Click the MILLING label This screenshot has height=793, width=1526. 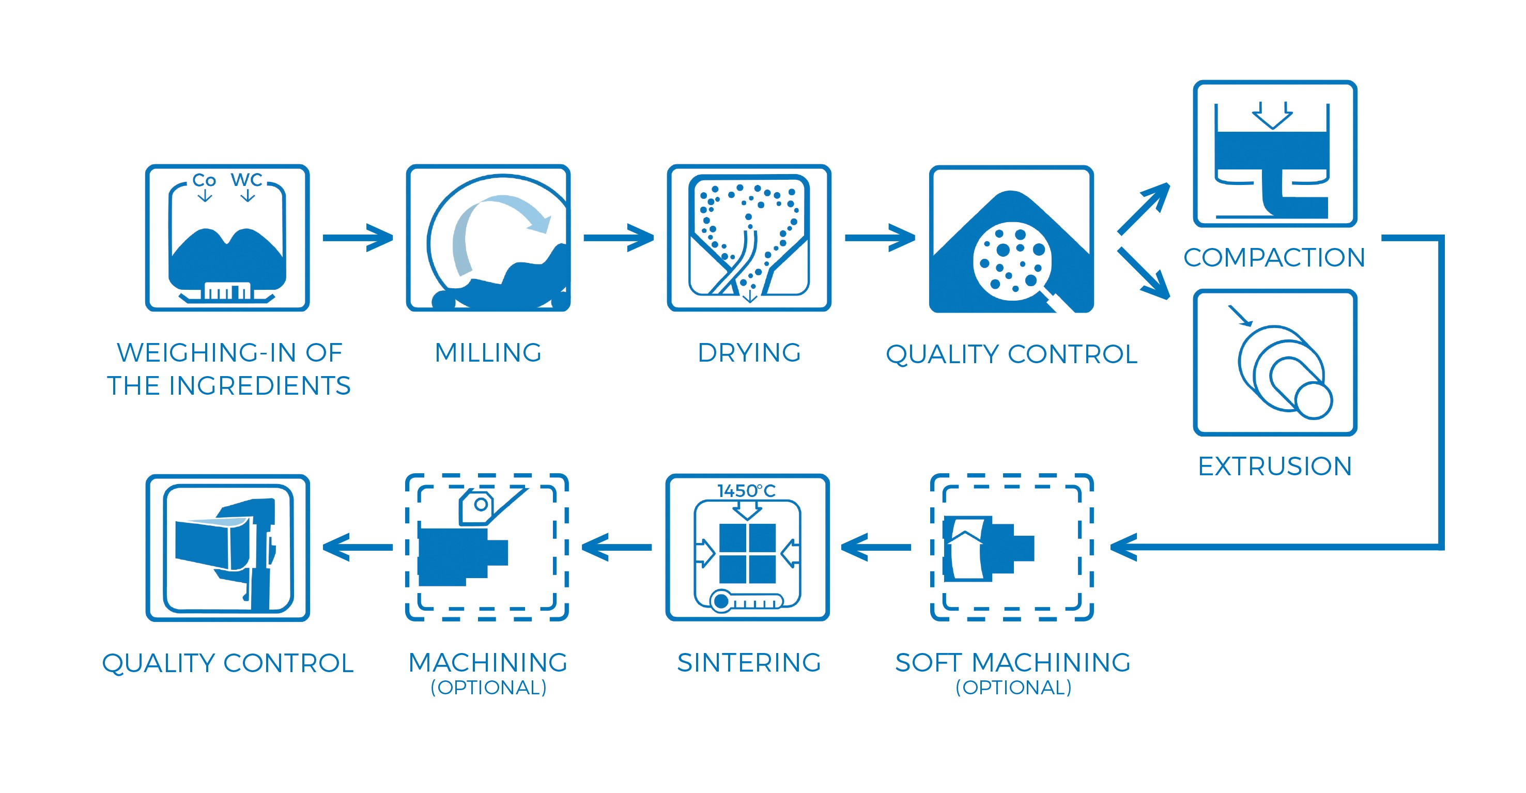488,353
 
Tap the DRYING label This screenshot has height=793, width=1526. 749,353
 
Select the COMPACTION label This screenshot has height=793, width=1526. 1274,258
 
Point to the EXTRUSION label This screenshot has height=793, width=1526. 1275,467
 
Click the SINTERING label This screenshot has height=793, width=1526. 749,663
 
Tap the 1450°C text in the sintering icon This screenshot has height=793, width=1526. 746,491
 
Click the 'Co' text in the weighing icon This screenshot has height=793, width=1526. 204,180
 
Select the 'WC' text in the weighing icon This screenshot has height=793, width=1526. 246,179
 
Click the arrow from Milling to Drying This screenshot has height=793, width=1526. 619,238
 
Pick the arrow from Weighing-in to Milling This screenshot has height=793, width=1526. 358,238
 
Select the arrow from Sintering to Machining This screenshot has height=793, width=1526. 616,547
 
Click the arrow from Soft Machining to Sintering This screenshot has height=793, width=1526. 875,547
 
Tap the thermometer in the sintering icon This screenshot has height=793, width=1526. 746,601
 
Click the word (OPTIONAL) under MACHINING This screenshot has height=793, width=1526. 488,688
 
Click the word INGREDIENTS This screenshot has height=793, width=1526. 260,386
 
